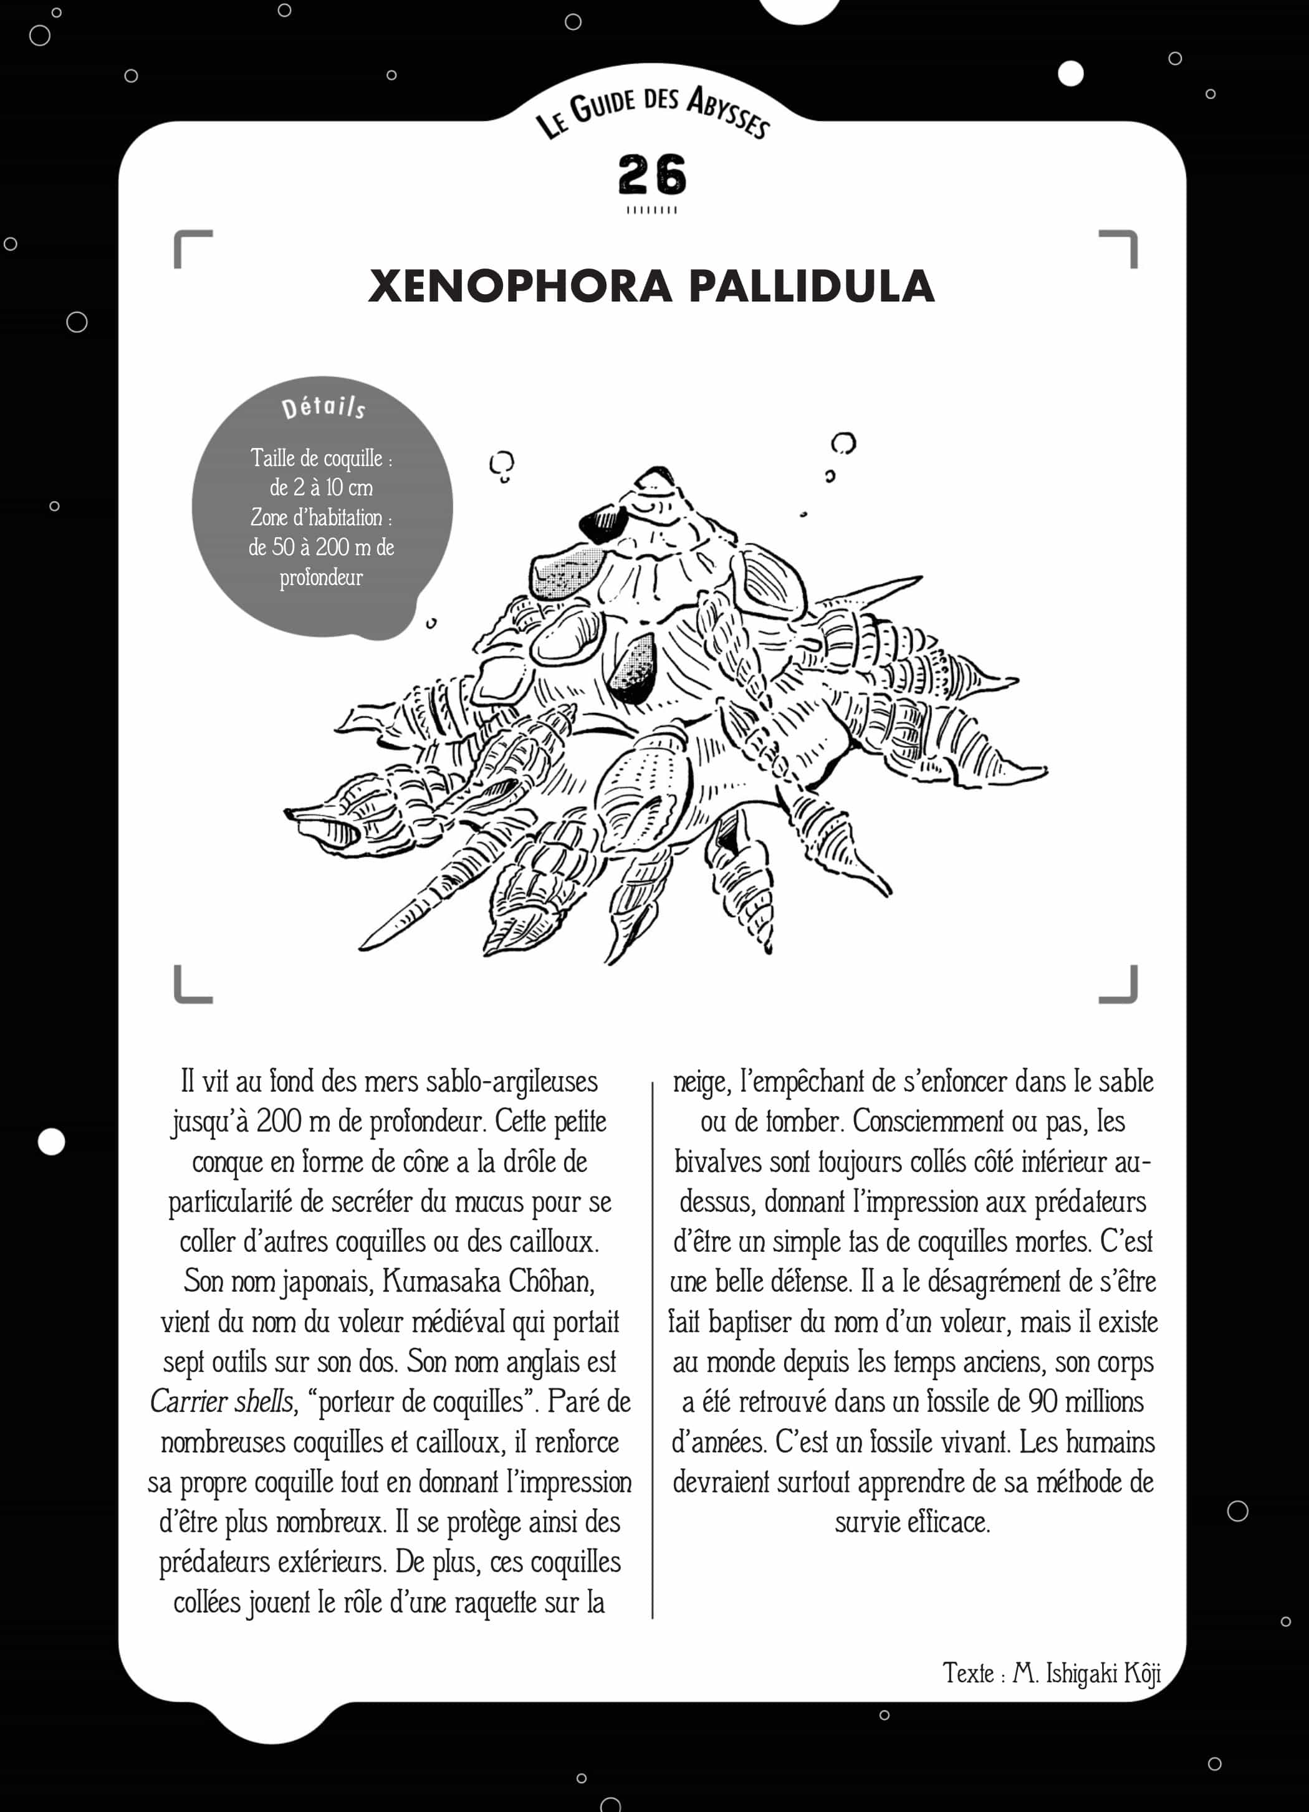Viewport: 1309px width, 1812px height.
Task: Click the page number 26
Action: (x=651, y=174)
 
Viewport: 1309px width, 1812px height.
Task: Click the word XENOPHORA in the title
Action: (x=519, y=286)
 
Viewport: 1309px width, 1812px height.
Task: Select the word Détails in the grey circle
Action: (x=324, y=407)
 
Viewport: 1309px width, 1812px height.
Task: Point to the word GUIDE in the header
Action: (x=603, y=105)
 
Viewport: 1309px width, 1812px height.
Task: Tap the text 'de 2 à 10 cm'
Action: (x=321, y=487)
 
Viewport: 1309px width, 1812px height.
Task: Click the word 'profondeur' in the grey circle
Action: (x=321, y=577)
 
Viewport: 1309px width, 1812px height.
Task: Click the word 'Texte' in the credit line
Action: (x=968, y=1673)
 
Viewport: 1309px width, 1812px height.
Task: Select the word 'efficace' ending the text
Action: (x=949, y=1522)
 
